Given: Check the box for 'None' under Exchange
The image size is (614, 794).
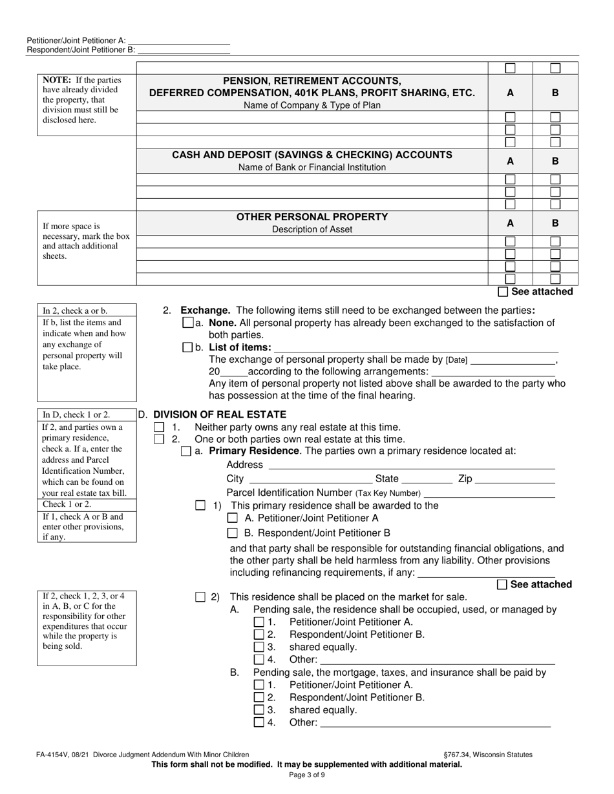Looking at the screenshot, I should click(x=188, y=323).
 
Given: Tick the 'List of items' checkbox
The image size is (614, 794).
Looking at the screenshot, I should click(x=188, y=347).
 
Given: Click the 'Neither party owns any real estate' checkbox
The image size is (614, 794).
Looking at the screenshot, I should click(x=159, y=427).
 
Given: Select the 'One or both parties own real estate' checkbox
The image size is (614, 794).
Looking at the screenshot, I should click(x=159, y=440).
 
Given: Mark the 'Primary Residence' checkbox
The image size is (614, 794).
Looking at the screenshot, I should click(x=186, y=451).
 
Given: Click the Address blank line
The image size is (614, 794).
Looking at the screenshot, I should click(x=411, y=465).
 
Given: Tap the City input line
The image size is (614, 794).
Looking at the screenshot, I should click(x=310, y=480).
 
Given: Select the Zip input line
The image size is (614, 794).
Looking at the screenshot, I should click(x=515, y=480).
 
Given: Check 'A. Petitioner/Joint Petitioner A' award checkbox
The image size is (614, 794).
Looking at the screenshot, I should click(x=233, y=518).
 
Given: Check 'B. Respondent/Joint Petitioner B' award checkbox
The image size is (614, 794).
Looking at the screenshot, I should click(x=233, y=533).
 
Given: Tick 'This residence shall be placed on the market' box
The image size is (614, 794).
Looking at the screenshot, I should click(x=200, y=598).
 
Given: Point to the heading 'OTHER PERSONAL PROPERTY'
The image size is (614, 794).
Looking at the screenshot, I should click(x=312, y=217).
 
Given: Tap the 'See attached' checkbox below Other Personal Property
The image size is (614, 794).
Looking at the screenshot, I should click(x=503, y=292).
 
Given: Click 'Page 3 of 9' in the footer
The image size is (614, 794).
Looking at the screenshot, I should click(x=307, y=775).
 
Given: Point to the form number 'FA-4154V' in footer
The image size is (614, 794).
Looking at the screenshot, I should click(x=52, y=754).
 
